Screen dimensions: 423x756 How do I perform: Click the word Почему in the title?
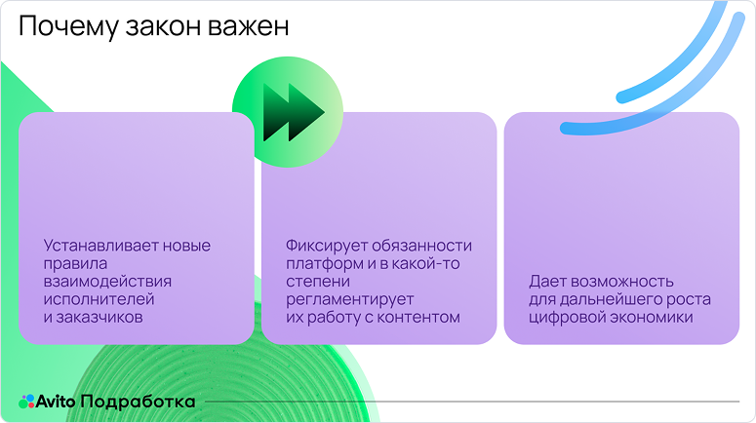click(x=66, y=28)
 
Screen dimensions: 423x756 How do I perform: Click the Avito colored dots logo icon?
click(x=26, y=401)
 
